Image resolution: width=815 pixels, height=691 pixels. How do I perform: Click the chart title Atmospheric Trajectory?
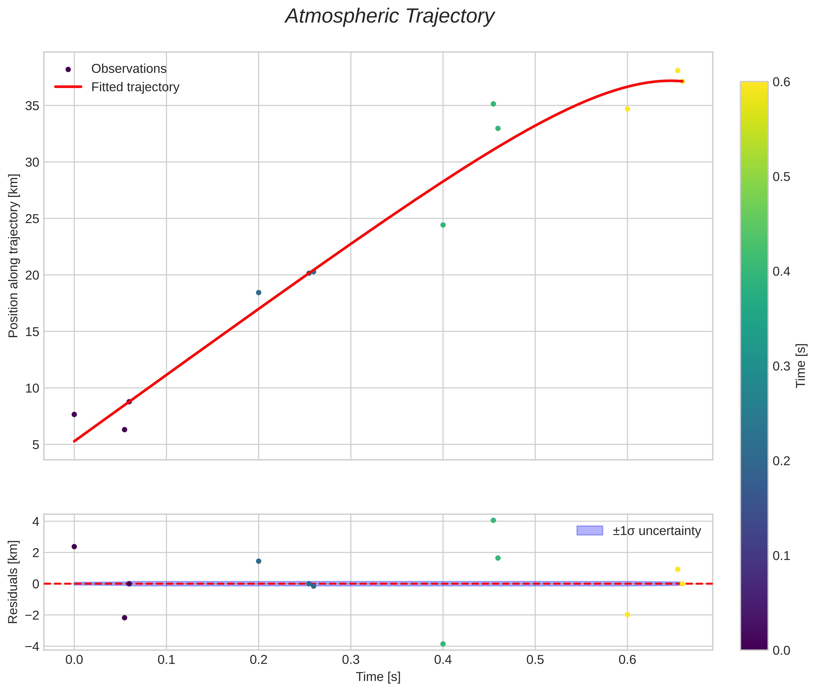pos(390,16)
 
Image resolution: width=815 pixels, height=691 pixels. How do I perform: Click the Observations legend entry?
pos(129,69)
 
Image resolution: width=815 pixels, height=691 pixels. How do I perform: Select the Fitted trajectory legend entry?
pos(135,87)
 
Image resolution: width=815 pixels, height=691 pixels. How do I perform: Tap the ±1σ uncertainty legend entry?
pos(656,531)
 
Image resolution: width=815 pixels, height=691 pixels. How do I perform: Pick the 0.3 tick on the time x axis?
pos(351,660)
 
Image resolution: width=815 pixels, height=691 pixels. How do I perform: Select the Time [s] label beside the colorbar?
pos(801,365)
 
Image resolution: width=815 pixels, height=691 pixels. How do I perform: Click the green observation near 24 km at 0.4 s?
pos(443,225)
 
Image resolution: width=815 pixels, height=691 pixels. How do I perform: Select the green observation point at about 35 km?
pos(493,104)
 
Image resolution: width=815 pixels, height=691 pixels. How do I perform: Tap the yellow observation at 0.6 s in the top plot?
pos(627,109)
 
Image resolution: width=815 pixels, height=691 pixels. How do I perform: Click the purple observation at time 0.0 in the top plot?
pos(74,414)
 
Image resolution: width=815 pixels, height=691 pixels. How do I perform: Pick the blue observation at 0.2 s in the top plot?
pos(258,293)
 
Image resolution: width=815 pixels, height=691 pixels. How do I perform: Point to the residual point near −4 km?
pos(443,644)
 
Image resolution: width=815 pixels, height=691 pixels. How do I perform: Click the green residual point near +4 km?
pos(493,520)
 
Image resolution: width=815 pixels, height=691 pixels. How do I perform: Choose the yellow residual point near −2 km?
pos(627,615)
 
